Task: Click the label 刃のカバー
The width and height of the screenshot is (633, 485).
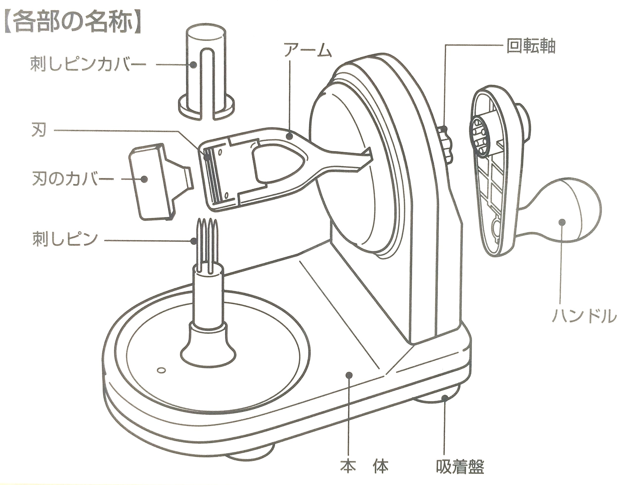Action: point(72,179)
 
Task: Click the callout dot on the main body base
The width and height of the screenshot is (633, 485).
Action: point(349,374)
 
